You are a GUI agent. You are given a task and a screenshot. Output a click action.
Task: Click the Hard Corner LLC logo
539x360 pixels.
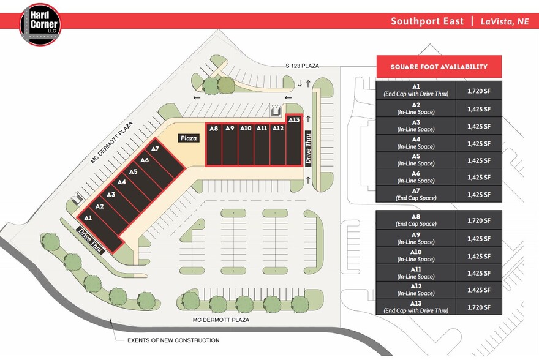click(40, 24)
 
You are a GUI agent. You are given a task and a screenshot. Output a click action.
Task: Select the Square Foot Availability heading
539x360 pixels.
click(439, 67)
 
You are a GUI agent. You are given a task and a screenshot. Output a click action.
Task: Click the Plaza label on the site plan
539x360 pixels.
click(189, 138)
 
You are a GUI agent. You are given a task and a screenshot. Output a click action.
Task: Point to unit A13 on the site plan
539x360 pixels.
click(293, 120)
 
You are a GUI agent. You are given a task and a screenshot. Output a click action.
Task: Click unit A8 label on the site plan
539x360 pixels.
click(214, 129)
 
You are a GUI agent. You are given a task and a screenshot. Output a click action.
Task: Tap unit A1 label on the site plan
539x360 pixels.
click(88, 217)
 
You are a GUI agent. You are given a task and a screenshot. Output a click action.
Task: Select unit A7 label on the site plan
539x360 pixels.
click(155, 149)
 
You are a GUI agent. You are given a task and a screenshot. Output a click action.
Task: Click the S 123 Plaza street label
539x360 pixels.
click(302, 66)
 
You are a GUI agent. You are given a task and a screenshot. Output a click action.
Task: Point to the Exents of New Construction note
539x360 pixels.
click(173, 340)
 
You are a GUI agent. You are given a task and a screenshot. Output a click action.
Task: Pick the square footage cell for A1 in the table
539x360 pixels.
click(479, 91)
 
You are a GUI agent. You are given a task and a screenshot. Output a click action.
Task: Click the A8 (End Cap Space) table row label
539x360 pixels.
click(416, 220)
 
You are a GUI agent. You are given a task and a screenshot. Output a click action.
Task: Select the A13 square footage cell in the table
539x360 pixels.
click(479, 307)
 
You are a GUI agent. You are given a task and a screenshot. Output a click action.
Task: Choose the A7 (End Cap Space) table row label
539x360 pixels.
click(416, 194)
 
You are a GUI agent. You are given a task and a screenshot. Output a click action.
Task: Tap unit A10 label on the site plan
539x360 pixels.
click(246, 129)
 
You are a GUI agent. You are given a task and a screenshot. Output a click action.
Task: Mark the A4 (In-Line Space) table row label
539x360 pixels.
click(416, 143)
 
